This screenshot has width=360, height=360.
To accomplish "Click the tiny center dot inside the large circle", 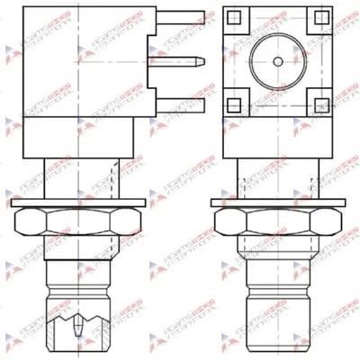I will (278, 61).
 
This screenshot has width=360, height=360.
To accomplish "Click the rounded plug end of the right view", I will (277, 328).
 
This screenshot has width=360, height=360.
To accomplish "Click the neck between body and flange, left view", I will (81, 180).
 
